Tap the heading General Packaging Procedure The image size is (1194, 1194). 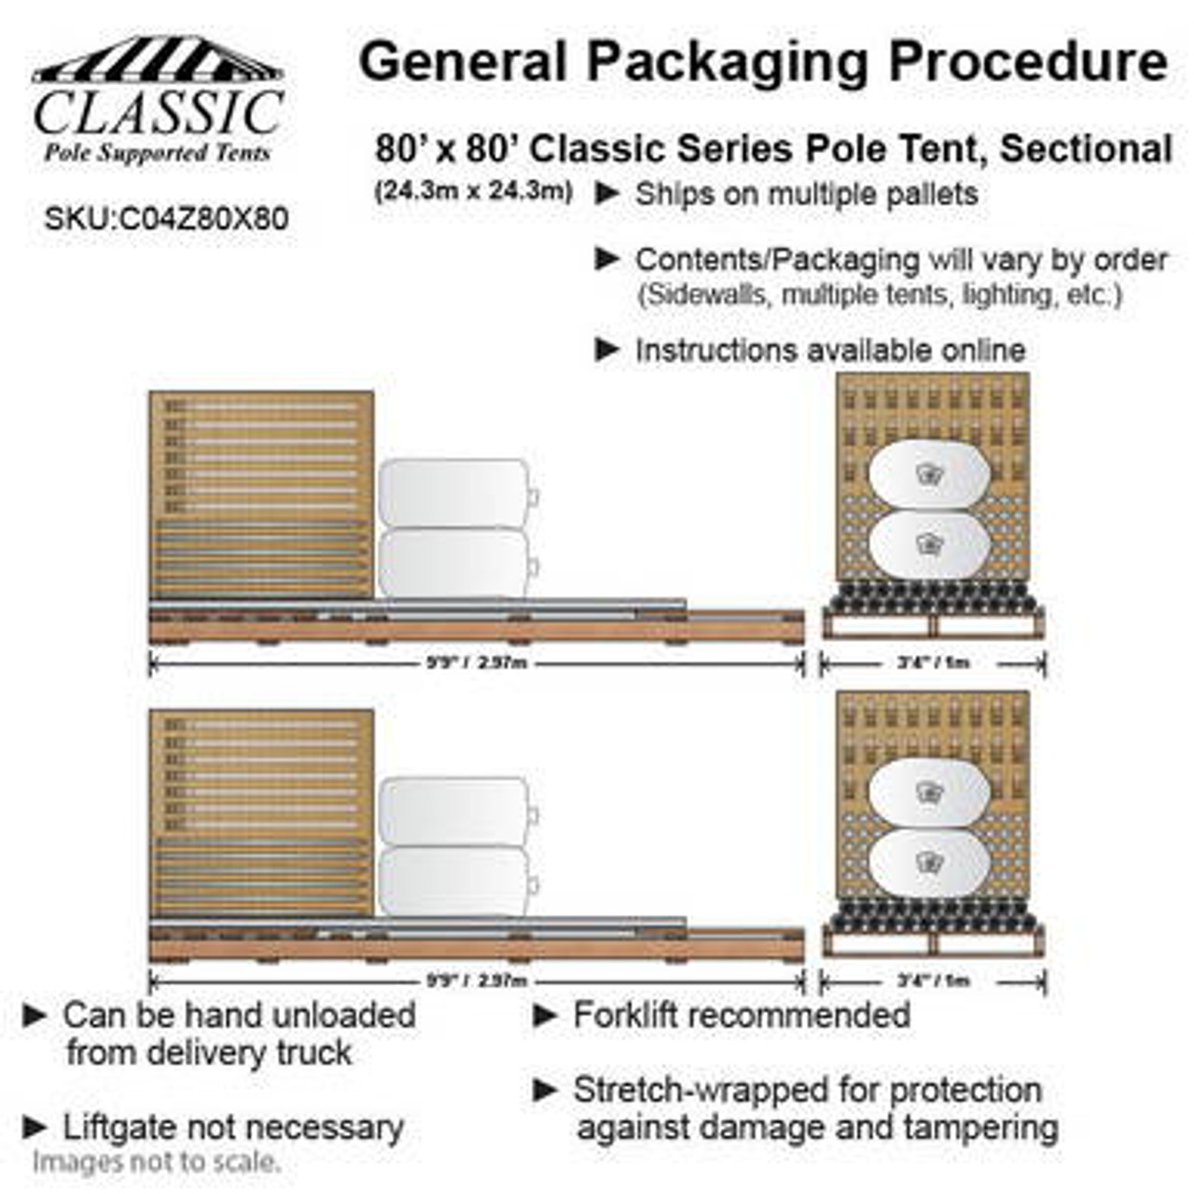(763, 62)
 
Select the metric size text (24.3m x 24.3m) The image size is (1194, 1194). (473, 191)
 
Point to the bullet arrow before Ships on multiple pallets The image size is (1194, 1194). (607, 194)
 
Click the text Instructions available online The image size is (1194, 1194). (830, 351)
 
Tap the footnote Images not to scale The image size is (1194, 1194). (156, 1162)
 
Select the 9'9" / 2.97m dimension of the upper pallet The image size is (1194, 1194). (477, 663)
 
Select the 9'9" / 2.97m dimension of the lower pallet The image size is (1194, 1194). (477, 980)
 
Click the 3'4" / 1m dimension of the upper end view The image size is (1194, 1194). (933, 663)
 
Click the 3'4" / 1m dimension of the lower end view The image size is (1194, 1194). (933, 980)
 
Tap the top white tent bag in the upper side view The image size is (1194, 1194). (454, 493)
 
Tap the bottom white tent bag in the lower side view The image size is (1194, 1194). (454, 882)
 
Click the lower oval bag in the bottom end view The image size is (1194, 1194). (929, 864)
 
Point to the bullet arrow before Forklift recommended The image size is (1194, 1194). (545, 1015)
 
